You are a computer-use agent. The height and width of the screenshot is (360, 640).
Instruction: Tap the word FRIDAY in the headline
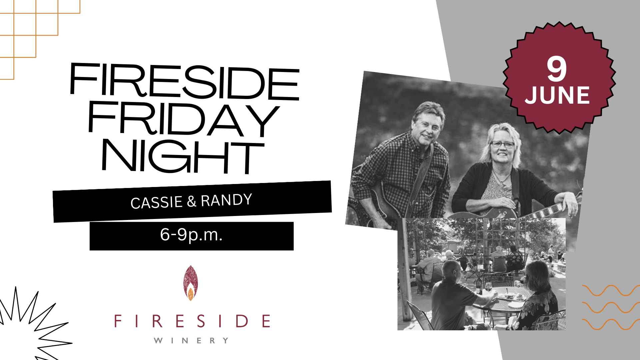tap(183, 119)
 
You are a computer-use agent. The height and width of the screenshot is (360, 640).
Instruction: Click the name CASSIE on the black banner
tap(157, 202)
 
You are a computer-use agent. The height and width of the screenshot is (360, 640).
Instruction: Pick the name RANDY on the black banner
tap(226, 200)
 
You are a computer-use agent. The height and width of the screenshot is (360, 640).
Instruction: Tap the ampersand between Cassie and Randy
tap(192, 201)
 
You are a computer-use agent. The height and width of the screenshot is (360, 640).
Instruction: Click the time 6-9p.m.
tap(191, 235)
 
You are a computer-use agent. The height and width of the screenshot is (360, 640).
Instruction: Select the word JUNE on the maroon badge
tap(557, 95)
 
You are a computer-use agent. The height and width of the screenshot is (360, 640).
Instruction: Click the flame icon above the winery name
tap(190, 283)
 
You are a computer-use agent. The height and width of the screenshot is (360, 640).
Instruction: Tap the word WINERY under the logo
tap(191, 340)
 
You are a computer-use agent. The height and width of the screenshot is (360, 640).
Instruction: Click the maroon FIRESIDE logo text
tap(192, 321)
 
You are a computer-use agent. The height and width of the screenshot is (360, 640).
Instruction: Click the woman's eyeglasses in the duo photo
tap(502, 144)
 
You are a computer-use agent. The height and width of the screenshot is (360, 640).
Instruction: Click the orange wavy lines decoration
tap(611, 307)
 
